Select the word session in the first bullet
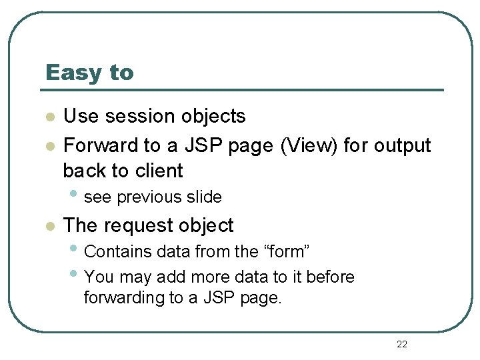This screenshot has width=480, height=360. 137,116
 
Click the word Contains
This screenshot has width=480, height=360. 117,252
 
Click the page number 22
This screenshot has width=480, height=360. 401,344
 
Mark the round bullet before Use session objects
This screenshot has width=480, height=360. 49,117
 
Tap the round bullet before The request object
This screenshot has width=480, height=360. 49,227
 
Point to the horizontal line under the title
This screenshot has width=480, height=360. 243,90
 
